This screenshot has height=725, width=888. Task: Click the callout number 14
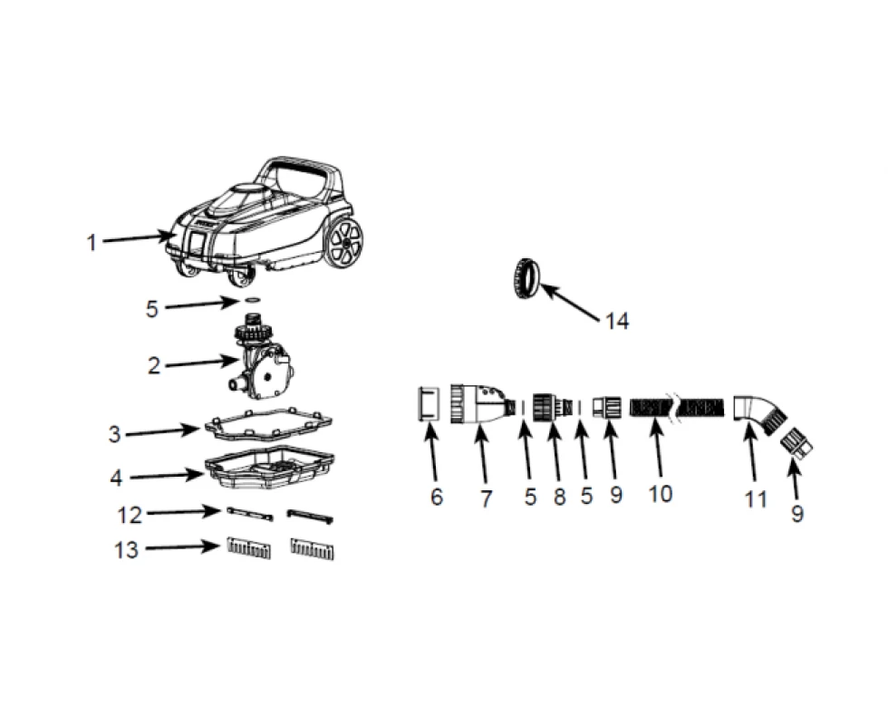[x=617, y=321]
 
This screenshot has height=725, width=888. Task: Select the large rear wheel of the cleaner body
[x=343, y=242]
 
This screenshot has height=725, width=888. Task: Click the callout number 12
[x=129, y=516]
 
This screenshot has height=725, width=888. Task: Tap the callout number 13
[x=126, y=549]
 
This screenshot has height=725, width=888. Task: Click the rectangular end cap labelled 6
[x=429, y=403]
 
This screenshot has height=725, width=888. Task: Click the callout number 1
[x=92, y=243]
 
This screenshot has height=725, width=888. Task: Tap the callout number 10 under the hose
[x=661, y=494]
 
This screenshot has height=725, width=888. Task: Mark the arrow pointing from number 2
[x=201, y=362]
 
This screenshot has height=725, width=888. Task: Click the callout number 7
[x=486, y=498]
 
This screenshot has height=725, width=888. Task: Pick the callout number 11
[x=756, y=499]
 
